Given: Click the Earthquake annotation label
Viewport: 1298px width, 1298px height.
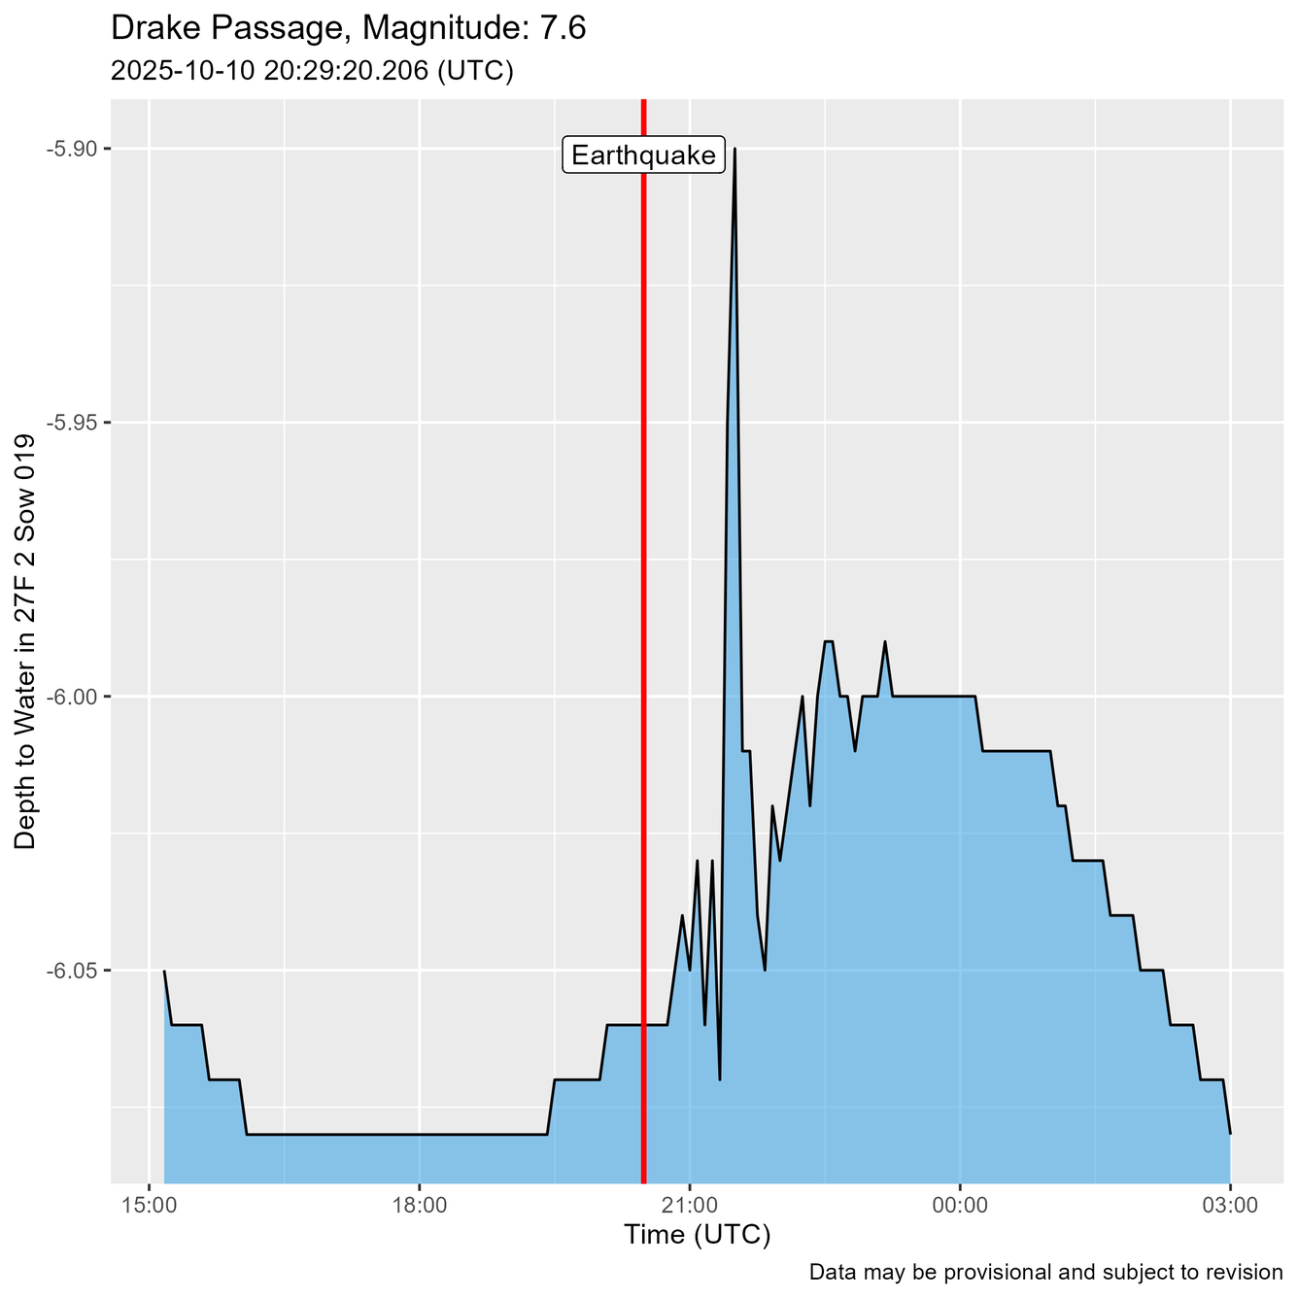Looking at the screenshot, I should click(644, 155).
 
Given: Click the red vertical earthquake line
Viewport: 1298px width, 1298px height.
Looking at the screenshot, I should click(643, 583).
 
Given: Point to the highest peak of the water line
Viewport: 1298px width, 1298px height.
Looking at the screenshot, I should click(734, 149).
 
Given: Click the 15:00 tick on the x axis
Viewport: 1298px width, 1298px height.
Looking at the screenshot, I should click(149, 1206).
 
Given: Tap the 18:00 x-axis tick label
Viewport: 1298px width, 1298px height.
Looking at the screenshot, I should click(419, 1206).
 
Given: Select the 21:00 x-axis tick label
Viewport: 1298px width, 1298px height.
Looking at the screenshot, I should click(689, 1206).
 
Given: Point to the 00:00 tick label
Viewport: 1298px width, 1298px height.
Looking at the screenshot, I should click(960, 1206).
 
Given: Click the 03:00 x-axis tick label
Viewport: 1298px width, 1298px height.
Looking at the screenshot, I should click(1230, 1206).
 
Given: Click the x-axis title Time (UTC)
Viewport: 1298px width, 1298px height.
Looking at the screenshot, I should click(697, 1235).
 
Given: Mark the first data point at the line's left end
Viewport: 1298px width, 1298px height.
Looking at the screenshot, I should click(164, 971).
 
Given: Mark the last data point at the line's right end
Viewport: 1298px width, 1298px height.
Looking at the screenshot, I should click(1230, 1133).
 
